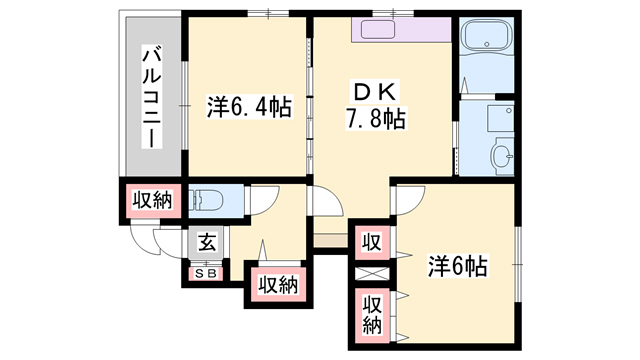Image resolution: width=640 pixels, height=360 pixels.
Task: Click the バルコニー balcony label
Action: (x=151, y=96)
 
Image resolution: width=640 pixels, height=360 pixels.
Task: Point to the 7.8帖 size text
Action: (x=374, y=120)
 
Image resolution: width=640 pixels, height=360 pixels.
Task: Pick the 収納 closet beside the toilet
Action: (x=150, y=200)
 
